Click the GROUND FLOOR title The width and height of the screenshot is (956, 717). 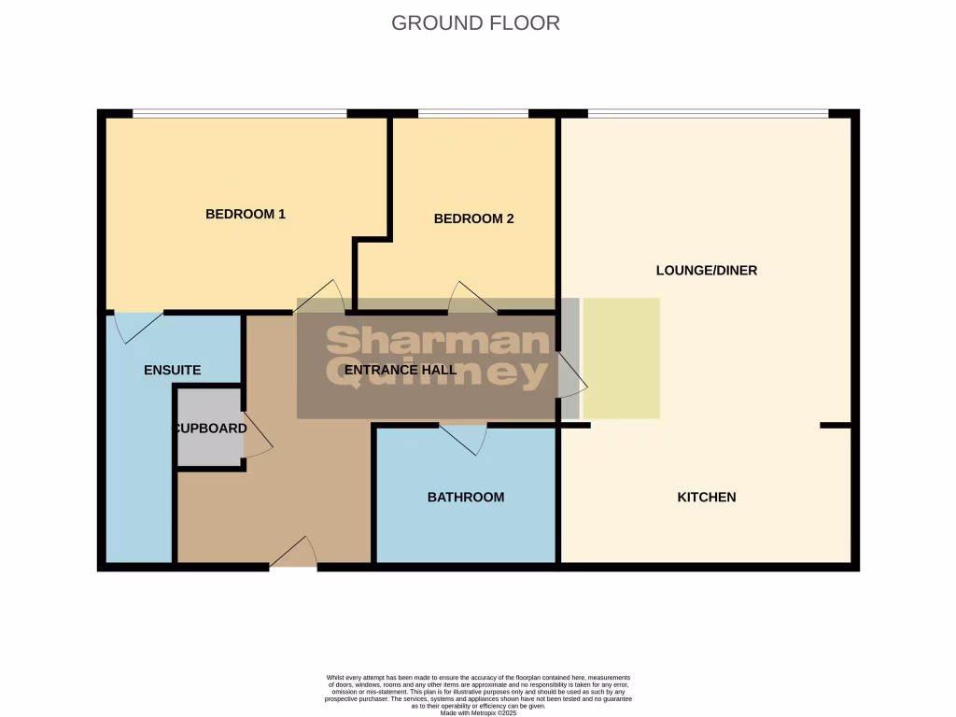[x=475, y=23]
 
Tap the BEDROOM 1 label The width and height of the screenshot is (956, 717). [x=246, y=214]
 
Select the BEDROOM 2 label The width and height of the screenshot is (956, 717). [x=474, y=219]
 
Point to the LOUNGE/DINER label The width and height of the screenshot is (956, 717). [x=707, y=271]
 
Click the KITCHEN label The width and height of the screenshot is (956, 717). [x=707, y=497]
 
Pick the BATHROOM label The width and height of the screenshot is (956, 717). [x=466, y=497]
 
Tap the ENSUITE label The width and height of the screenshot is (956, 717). [x=173, y=370]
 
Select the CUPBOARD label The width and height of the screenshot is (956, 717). [x=211, y=429]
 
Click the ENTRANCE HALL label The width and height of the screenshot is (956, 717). [x=401, y=370]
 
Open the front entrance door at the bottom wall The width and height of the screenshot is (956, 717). [x=293, y=555]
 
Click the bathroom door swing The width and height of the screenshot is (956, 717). [x=464, y=437]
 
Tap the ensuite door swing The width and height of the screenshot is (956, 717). [x=136, y=325]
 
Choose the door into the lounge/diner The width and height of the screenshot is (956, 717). [x=571, y=375]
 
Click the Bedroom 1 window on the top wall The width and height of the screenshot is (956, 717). [x=240, y=114]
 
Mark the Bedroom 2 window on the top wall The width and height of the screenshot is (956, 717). [x=473, y=114]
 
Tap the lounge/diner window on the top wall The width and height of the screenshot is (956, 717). [x=708, y=114]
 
